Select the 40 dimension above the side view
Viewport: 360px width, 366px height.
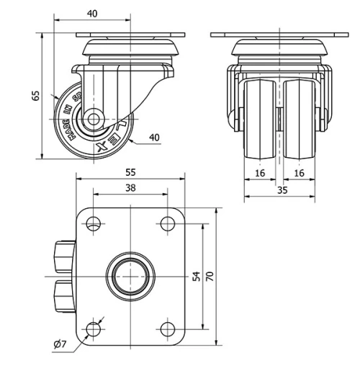coord(92,14)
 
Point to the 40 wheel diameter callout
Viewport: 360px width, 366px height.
coord(154,138)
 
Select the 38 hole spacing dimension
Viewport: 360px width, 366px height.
coord(130,187)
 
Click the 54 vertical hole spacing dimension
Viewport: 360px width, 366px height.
coord(197,277)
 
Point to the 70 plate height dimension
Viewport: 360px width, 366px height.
coord(210,277)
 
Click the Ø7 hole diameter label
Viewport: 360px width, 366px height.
coord(60,344)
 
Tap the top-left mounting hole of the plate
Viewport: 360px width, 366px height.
coord(92,224)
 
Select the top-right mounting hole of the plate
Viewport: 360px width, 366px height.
coord(166,224)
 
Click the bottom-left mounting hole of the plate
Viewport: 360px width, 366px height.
coord(92,330)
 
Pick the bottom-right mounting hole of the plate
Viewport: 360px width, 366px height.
coord(166,330)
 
